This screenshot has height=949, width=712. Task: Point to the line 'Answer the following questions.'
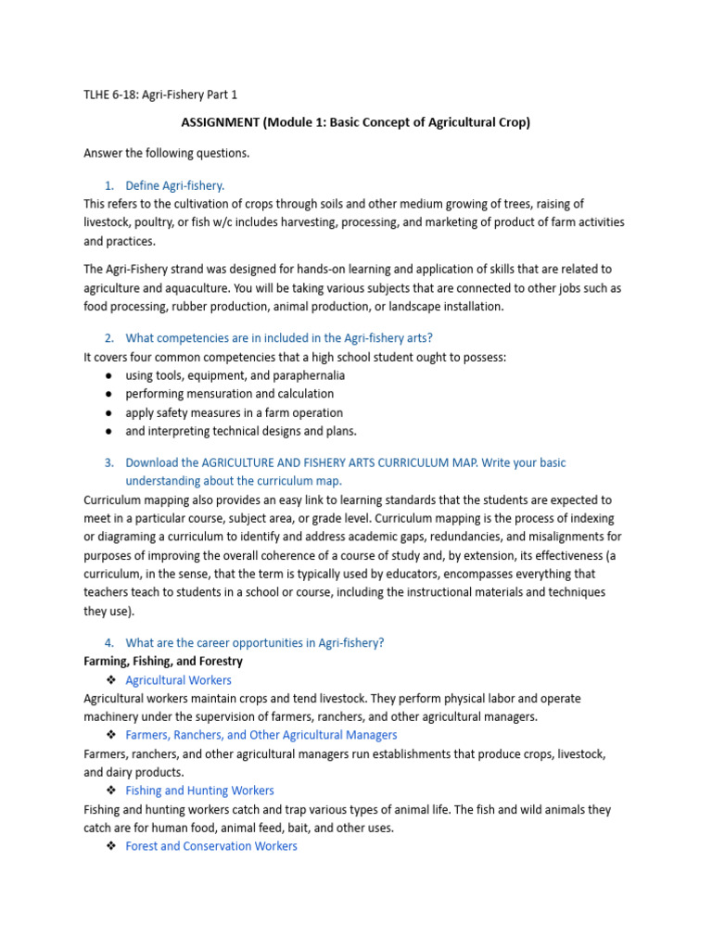click(166, 153)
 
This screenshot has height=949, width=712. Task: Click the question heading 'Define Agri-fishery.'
click(175, 185)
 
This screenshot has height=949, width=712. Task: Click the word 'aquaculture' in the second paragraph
click(190, 287)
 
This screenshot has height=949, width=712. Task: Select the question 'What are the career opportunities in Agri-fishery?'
click(254, 643)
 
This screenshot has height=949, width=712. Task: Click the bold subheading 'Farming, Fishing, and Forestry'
click(163, 662)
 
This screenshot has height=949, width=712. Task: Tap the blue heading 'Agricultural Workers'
click(179, 680)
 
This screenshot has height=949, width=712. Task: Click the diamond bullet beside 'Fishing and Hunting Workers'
click(110, 791)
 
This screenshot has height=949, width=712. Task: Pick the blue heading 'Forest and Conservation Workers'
click(211, 846)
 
